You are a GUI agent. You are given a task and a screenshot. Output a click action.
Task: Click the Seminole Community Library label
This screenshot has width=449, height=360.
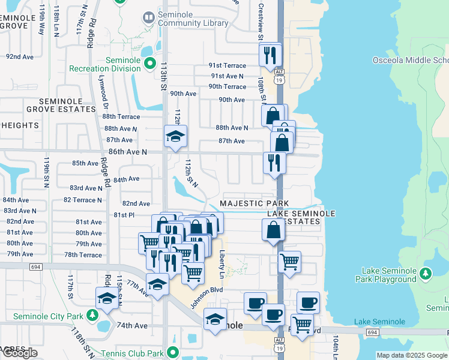tap(193, 19)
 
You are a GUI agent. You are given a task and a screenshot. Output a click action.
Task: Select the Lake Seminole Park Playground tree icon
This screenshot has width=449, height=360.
tap(426, 274)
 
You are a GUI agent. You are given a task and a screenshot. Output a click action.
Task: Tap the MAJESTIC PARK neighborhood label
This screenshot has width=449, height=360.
tap(255, 204)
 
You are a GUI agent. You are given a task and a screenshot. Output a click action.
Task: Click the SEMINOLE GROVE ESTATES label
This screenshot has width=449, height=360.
tap(61, 106)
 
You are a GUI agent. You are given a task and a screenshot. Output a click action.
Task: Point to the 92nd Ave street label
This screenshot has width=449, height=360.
tap(20, 56)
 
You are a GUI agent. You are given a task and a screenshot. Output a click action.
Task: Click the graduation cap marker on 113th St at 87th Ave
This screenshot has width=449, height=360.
tap(175, 137)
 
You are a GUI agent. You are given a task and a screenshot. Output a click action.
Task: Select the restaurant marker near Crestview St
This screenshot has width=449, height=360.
tap(271, 55)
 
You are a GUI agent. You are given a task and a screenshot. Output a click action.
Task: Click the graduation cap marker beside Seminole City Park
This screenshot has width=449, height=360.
tap(107, 298)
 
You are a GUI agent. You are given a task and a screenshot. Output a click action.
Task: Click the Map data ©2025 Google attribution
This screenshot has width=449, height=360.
tap(412, 356)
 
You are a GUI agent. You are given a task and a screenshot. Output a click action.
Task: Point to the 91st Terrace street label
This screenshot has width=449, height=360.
tap(227, 65)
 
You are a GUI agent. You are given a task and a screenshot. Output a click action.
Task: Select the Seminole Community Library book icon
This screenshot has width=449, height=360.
tap(148, 18)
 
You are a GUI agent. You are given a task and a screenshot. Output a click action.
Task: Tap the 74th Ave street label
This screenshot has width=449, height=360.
tap(132, 325)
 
